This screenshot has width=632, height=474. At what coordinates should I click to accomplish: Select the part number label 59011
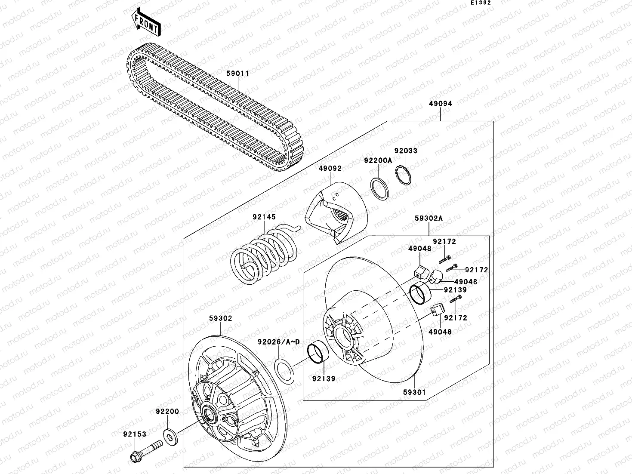point(237,74)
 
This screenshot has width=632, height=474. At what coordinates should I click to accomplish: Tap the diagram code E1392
point(480,3)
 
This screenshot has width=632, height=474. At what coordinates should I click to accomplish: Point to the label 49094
point(440,104)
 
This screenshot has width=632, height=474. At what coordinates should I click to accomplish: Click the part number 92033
point(406,151)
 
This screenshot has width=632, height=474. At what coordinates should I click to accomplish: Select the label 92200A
point(378,160)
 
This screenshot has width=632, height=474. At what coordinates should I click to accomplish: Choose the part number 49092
point(330,169)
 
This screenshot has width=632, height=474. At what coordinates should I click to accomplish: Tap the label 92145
point(264,217)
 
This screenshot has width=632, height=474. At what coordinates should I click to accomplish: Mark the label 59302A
point(429,219)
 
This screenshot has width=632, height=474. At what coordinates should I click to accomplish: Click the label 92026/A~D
point(278,342)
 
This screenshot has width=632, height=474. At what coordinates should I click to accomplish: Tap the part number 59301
point(414,392)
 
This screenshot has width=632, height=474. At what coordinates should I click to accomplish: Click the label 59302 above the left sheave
point(221,319)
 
